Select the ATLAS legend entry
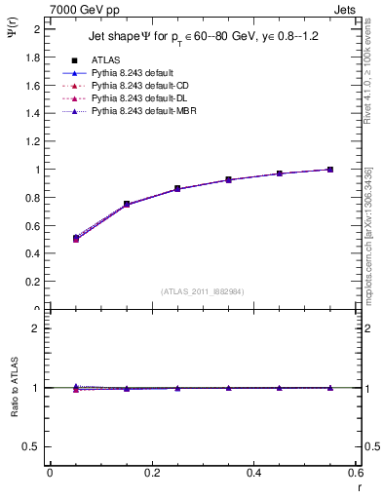click(106, 59)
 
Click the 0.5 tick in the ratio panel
click(32, 446)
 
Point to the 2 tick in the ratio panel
click(36, 328)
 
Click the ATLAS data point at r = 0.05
click(76, 238)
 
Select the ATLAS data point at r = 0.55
click(330, 170)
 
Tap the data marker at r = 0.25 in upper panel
click(177, 188)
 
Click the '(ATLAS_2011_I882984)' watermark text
click(203, 291)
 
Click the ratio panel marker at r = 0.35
click(228, 388)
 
